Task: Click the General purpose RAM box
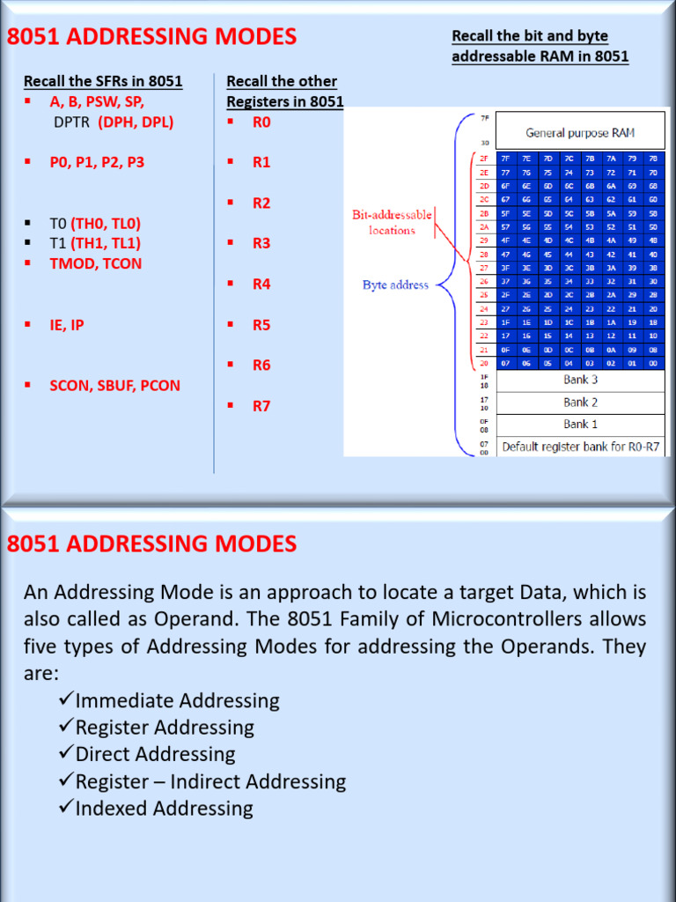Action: point(579,132)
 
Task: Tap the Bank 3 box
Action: point(579,381)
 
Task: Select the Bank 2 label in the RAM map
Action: point(579,403)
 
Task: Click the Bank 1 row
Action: point(579,425)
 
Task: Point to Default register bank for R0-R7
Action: point(579,447)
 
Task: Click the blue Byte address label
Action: point(395,285)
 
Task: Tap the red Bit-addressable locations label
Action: point(392,222)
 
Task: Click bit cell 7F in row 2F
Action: point(504,159)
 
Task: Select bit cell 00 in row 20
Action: point(653,362)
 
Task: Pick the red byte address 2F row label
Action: point(483,159)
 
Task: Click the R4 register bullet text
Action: point(261,285)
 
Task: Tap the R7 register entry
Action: point(261,406)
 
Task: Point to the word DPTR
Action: point(72,122)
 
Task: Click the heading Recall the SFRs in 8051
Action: point(103,82)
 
